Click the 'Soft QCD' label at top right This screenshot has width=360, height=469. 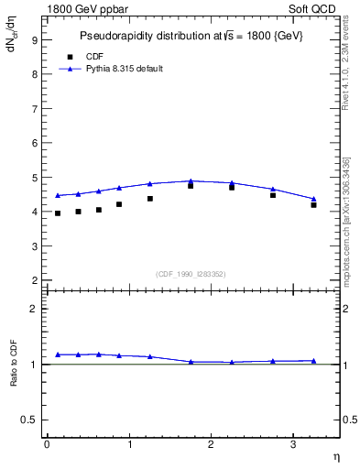[x=314, y=8]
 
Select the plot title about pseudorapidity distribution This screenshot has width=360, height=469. [x=191, y=35]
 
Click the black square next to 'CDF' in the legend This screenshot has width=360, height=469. [x=70, y=57]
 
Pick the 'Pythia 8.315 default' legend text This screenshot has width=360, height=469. [x=125, y=69]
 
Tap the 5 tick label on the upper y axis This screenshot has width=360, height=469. [x=34, y=178]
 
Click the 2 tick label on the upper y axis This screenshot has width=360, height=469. [x=34, y=280]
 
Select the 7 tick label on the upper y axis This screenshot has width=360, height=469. [x=34, y=109]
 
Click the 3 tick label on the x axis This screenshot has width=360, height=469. [x=293, y=444]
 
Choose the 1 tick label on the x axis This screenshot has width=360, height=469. [x=129, y=444]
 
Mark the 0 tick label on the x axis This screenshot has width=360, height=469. [x=47, y=444]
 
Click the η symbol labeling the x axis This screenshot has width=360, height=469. [x=335, y=455]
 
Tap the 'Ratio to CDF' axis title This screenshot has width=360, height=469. [x=15, y=365]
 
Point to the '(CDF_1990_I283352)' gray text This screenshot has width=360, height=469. [x=191, y=273]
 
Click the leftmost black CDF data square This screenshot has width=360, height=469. [x=58, y=213]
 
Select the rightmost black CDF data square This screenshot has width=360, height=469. [x=314, y=205]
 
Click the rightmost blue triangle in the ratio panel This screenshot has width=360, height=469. [x=314, y=361]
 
